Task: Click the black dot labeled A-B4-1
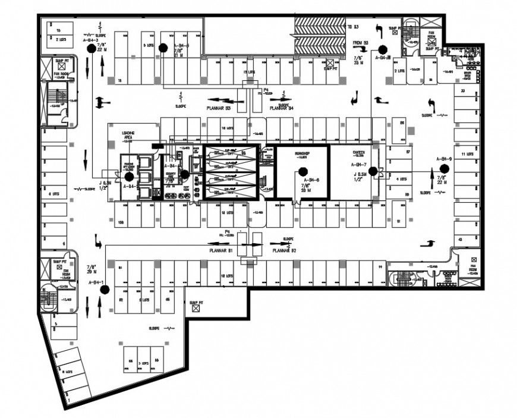(105, 290)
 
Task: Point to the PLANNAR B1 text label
(220, 251)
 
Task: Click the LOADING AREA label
(128, 136)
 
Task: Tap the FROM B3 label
(361, 43)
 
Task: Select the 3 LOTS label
(142, 363)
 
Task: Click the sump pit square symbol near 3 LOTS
(194, 310)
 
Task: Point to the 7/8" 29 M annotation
(92, 269)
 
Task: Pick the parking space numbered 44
(379, 268)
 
